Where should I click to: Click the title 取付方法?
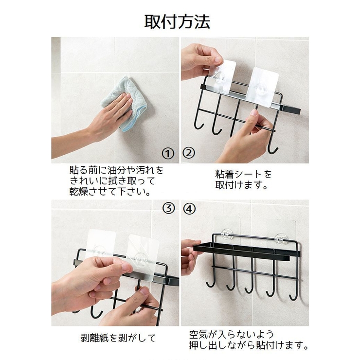(x=178, y=22)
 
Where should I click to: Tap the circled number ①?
(x=168, y=154)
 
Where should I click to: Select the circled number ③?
(x=168, y=208)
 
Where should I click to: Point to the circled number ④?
(x=189, y=209)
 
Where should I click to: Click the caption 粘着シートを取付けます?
(x=243, y=180)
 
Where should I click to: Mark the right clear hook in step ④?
(x=280, y=238)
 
